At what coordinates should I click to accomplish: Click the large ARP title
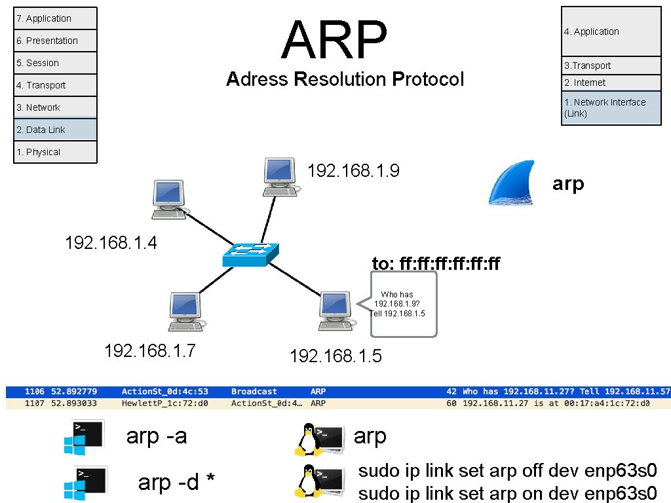(334, 41)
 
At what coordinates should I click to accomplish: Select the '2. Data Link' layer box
(55, 130)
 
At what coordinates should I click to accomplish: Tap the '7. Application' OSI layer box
(55, 18)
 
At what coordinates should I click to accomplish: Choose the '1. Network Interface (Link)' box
(611, 108)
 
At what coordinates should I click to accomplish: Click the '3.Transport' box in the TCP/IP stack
(611, 65)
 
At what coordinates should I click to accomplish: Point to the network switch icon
(250, 254)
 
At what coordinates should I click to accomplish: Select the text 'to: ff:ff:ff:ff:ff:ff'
(436, 264)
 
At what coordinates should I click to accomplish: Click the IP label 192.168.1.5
(335, 356)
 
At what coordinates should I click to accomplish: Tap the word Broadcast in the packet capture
(254, 392)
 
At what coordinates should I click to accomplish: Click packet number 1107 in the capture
(34, 403)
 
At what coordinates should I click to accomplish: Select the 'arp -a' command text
(156, 436)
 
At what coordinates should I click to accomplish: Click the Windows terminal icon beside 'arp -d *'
(83, 481)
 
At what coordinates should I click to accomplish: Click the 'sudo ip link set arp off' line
(507, 471)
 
